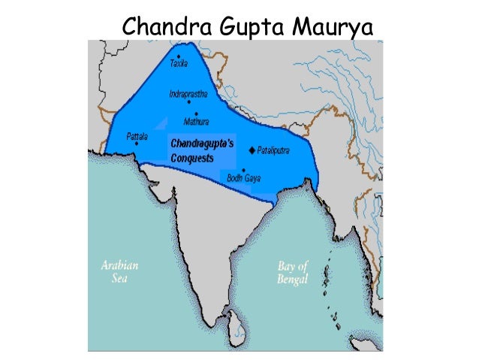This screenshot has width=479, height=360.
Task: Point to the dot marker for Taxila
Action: pos(179,56)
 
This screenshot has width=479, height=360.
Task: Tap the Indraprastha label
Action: pos(188,95)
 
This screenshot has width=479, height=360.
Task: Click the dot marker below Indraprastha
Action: pos(188,104)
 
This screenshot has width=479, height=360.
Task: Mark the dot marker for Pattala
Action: pos(137,144)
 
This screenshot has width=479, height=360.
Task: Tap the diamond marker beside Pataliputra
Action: pos(252,150)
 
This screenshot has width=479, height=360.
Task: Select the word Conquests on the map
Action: pos(191,159)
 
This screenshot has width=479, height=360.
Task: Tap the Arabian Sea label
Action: pos(120,271)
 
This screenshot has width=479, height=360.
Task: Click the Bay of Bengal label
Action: pos(293,271)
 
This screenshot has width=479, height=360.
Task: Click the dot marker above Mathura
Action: pos(196,113)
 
